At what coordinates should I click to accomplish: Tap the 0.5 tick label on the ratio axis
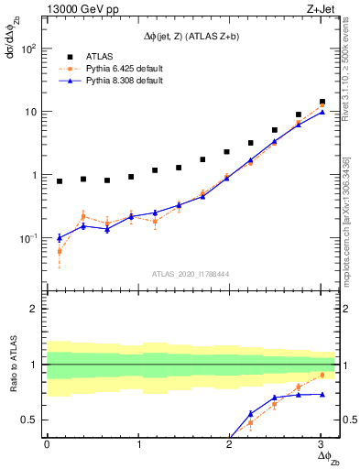click(x=30, y=420)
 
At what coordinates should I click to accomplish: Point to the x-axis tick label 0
click(x=47, y=444)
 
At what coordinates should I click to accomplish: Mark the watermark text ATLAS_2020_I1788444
click(x=191, y=273)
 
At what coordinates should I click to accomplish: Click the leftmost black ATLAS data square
click(x=60, y=181)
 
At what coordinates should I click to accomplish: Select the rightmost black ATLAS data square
click(x=322, y=102)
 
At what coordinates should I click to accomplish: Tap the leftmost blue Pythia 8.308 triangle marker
click(x=60, y=237)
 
